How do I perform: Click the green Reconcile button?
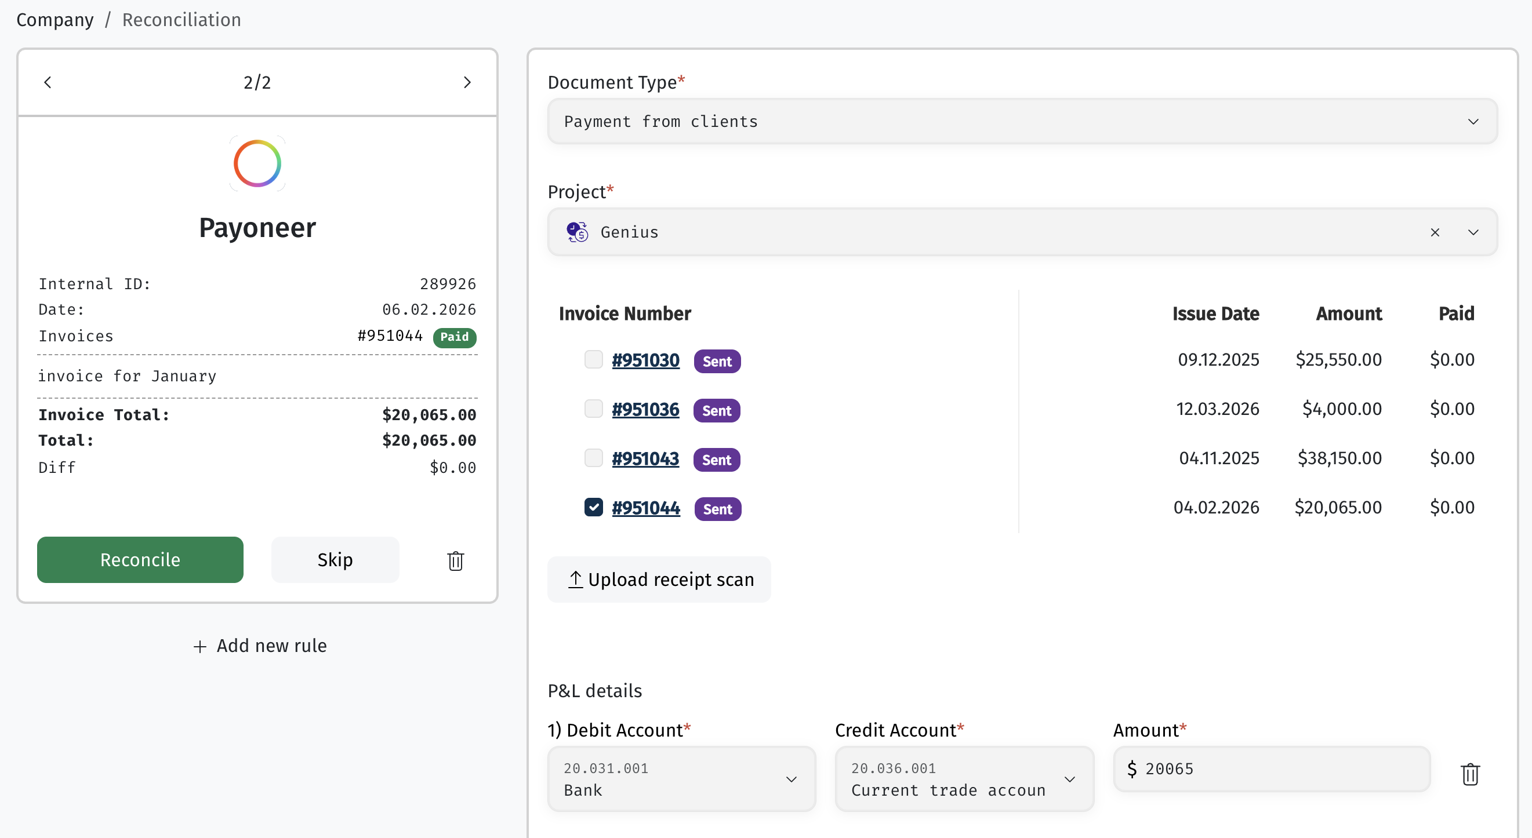pos(140,559)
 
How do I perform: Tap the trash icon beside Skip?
pos(456,560)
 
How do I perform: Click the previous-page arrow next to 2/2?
pos(48,82)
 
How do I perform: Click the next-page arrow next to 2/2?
pos(467,82)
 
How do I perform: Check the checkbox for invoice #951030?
pos(594,359)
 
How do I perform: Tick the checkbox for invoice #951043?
pos(594,458)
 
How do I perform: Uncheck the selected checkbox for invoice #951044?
pos(594,507)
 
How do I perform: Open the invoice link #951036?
pos(645,410)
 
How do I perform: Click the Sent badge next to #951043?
pos(717,460)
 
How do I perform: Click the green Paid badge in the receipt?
pos(455,336)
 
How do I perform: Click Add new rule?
pos(260,646)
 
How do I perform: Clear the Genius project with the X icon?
pos(1435,232)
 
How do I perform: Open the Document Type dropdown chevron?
pos(1473,122)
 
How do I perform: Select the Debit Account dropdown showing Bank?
pos(681,778)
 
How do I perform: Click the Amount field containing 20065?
pos(1272,768)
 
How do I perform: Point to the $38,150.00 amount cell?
pos(1339,458)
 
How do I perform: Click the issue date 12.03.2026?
pos(1217,409)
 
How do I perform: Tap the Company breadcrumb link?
pos(55,20)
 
